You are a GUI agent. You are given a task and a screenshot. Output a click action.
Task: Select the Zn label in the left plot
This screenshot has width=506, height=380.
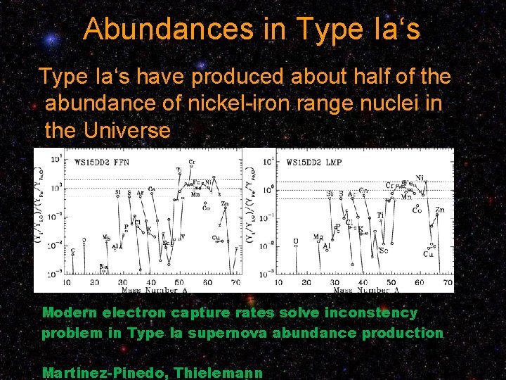(225, 204)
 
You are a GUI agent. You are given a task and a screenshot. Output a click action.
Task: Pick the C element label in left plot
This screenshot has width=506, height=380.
(72, 251)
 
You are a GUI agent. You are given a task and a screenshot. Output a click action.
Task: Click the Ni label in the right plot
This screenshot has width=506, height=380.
(420, 178)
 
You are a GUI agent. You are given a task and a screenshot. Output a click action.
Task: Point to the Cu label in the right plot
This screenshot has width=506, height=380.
(428, 253)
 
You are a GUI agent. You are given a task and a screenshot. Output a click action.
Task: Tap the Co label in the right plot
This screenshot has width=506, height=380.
(417, 210)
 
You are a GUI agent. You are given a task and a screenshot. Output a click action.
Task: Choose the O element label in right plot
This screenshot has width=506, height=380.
(296, 241)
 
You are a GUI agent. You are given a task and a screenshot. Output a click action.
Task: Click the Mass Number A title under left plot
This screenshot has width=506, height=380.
(152, 289)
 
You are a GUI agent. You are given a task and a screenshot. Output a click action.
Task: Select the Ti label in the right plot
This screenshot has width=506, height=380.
(380, 216)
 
